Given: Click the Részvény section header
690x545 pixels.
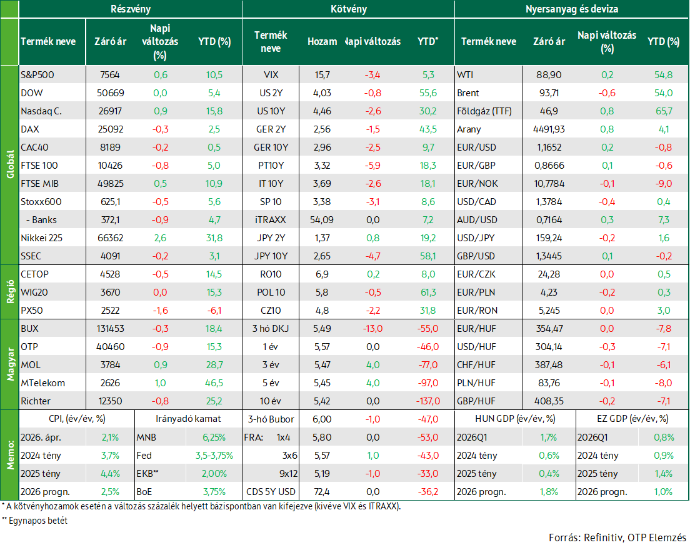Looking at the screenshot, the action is (x=131, y=9).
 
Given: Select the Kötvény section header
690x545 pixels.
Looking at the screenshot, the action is (x=349, y=9).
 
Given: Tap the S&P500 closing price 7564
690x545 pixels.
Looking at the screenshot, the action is (x=109, y=75).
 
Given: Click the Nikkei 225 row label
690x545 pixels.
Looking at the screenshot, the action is (x=41, y=238).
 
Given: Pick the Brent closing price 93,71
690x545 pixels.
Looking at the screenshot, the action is (x=549, y=93).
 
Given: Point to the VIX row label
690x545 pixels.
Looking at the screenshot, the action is (x=271, y=75).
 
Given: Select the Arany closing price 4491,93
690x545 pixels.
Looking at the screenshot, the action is (x=549, y=129).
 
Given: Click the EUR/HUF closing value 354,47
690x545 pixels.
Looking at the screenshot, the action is (x=549, y=329).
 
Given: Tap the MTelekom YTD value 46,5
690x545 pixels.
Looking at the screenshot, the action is (x=214, y=383).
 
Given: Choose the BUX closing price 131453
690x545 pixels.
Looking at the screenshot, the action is (x=111, y=329).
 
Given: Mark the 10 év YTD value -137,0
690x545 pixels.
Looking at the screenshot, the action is (x=427, y=401).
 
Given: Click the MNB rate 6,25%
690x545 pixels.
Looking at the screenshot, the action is (x=214, y=437).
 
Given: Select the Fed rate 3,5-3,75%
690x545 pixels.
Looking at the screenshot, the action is (x=214, y=456).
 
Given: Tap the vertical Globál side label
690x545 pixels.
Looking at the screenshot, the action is (x=10, y=164).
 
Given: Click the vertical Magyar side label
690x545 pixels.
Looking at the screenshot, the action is (x=10, y=364).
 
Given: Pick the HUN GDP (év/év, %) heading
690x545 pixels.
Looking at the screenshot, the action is (x=515, y=419).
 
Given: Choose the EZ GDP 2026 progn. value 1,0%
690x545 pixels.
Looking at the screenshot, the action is (x=664, y=492).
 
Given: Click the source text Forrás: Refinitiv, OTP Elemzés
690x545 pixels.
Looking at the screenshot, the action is (x=617, y=537).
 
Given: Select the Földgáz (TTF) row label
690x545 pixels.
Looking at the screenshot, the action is (x=484, y=111).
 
